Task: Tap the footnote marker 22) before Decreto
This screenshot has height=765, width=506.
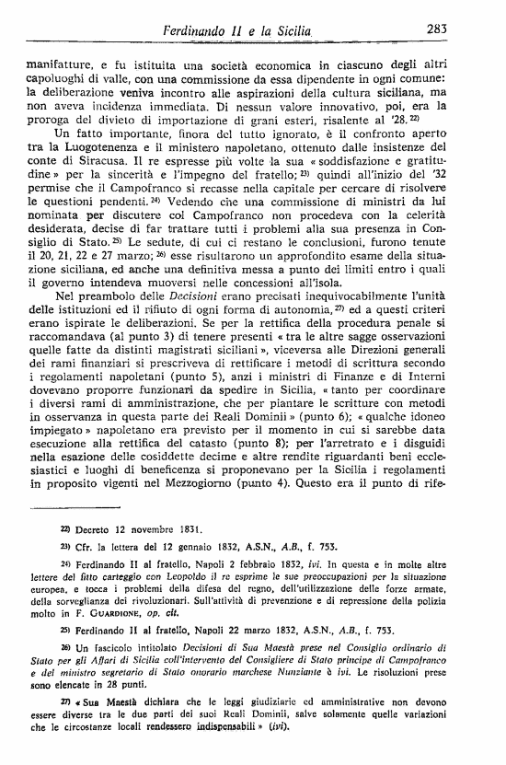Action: pos(65,531)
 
